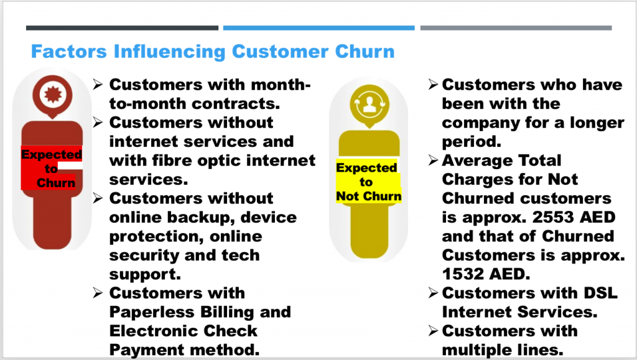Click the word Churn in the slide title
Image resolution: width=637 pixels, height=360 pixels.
(x=365, y=52)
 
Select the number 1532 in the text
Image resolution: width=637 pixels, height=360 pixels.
(x=462, y=274)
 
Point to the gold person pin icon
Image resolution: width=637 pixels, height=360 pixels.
(x=370, y=105)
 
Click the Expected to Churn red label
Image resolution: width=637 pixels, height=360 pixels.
(x=52, y=168)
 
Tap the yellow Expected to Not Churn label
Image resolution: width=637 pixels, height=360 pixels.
(x=368, y=182)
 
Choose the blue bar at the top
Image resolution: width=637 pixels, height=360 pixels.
(x=319, y=28)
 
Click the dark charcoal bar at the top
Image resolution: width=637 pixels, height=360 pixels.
(x=123, y=28)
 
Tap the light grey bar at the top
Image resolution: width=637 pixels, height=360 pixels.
(x=516, y=28)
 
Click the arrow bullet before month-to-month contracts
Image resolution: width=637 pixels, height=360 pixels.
(x=98, y=85)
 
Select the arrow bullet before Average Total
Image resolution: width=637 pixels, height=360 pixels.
(x=433, y=160)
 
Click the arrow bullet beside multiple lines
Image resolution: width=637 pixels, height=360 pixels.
(x=433, y=331)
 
